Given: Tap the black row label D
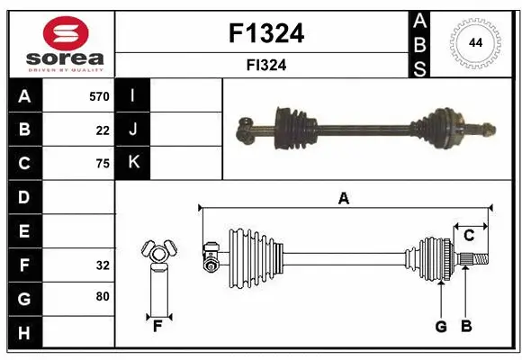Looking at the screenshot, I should [24, 197].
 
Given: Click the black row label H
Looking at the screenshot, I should [24, 333].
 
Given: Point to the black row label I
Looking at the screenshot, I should [133, 96].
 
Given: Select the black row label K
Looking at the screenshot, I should [133, 163].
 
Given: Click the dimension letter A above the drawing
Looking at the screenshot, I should [343, 199].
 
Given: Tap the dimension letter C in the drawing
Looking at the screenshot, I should [469, 236].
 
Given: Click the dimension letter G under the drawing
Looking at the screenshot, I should [440, 327].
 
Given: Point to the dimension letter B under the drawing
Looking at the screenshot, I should [466, 327].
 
